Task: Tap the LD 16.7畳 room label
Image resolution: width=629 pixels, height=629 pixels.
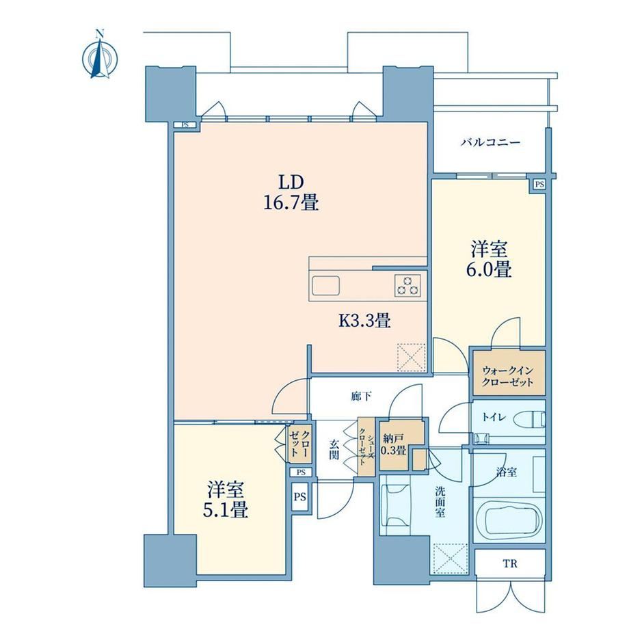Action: [291, 193]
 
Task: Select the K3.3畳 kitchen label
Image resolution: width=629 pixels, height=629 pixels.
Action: [364, 321]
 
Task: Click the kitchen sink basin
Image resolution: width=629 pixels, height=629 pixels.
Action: [325, 285]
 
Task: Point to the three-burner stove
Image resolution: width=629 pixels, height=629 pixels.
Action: [407, 285]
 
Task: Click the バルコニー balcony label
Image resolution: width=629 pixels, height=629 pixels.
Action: [490, 142]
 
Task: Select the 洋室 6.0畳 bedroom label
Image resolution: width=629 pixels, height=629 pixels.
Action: [489, 259]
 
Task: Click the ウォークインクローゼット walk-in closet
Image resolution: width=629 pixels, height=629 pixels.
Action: [509, 373]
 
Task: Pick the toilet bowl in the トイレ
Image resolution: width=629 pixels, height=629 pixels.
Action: [529, 420]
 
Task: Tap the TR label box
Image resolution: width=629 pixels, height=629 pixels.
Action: [510, 563]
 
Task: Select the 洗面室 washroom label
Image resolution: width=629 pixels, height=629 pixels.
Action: [440, 502]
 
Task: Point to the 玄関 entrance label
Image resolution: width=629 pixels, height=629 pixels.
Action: [334, 449]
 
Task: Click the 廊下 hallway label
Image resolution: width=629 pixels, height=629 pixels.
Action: [361, 397]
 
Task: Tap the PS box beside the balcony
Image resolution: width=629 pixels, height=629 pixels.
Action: [540, 185]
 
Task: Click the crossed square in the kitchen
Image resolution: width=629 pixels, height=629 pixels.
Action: [411, 358]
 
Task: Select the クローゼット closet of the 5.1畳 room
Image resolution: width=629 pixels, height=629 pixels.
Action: [299, 444]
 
